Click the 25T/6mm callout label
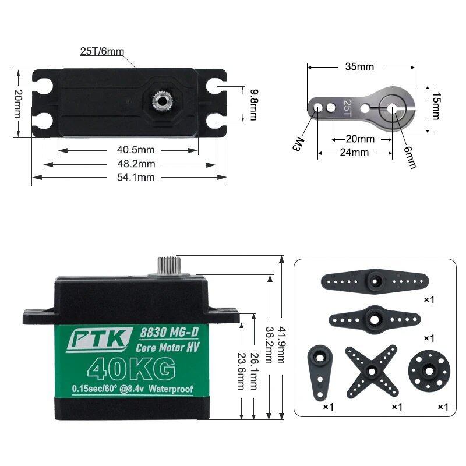(102, 51)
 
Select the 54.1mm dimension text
(136, 178)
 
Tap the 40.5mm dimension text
(136, 150)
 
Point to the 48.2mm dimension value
(136, 164)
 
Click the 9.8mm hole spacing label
(253, 105)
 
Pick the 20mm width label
(18, 104)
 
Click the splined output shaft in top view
(163, 101)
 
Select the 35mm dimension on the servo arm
(359, 66)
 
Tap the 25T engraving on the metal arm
(347, 108)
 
